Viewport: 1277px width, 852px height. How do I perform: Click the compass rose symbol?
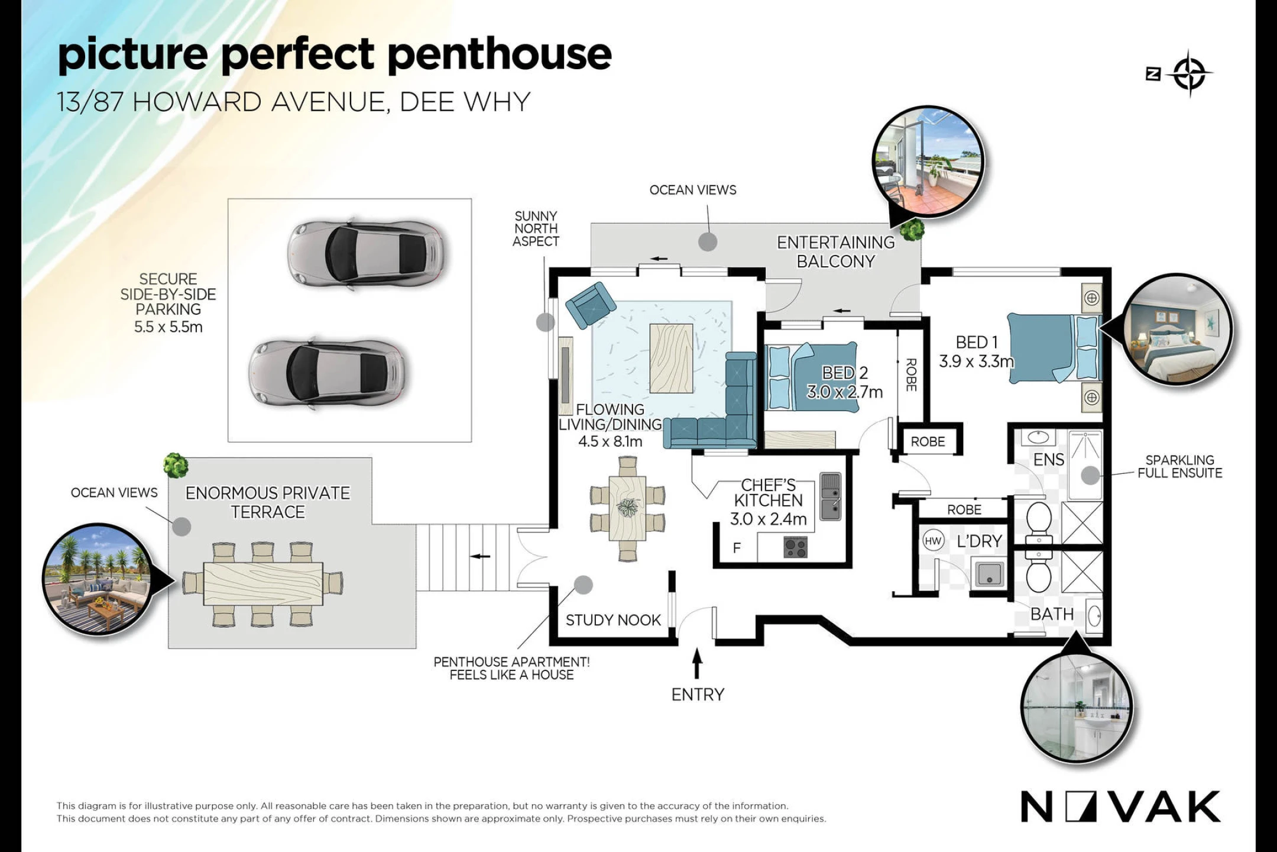(1189, 74)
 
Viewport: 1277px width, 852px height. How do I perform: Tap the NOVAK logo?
(1120, 806)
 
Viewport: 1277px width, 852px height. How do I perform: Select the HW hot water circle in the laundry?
(933, 541)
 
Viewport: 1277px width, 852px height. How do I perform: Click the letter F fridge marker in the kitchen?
(737, 548)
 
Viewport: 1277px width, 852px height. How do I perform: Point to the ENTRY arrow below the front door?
(697, 663)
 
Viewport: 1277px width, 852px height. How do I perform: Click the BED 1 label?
(977, 342)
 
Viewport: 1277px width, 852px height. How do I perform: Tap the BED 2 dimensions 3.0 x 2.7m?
(845, 392)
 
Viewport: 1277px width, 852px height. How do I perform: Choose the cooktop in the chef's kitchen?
(795, 547)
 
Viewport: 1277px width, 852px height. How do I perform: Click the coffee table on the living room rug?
(671, 358)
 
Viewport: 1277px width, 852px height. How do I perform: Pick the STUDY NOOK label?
(613, 620)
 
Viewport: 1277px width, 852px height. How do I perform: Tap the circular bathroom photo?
(1077, 708)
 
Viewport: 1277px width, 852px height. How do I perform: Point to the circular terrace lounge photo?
(99, 579)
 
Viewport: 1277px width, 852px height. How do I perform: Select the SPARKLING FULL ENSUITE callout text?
(1179, 466)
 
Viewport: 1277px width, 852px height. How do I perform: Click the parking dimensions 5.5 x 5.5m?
(168, 327)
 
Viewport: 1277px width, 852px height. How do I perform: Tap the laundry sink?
(989, 573)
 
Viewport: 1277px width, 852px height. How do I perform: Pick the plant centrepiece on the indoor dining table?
(627, 507)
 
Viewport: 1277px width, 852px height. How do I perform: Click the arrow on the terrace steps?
(481, 556)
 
